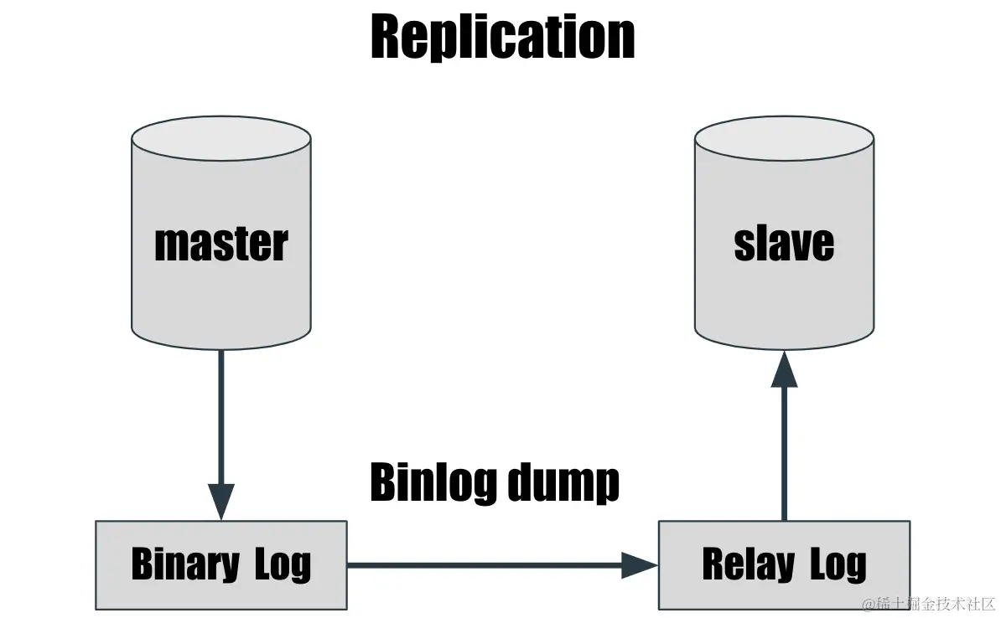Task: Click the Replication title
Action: [x=502, y=38]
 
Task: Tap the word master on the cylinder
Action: [x=221, y=244]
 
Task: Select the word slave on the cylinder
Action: [x=784, y=243]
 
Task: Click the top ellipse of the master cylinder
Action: [x=221, y=138]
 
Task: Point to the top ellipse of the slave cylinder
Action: [x=784, y=138]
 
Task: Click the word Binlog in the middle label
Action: [x=423, y=482]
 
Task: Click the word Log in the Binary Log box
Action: [x=283, y=566]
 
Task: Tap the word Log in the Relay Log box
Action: [x=838, y=566]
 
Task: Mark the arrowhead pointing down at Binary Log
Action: [x=221, y=502]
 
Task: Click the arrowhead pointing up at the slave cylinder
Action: [x=784, y=369]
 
